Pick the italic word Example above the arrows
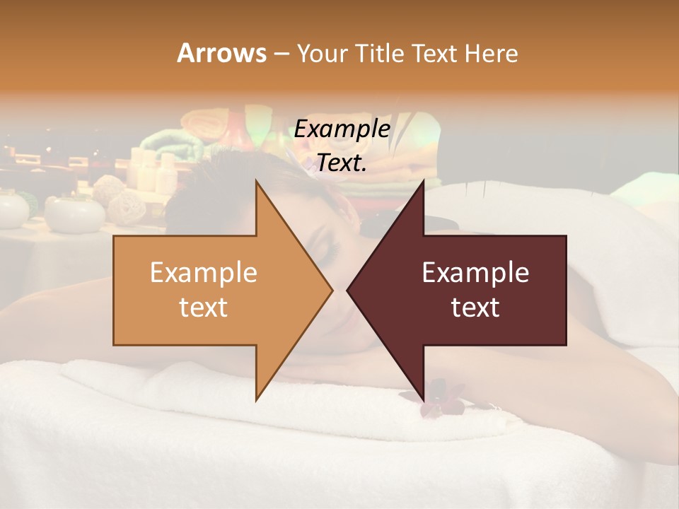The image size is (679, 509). click(342, 129)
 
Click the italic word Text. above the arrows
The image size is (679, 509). click(342, 163)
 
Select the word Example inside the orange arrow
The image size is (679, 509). click(204, 273)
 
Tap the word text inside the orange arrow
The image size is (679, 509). click(204, 308)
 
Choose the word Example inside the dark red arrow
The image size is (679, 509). click(475, 273)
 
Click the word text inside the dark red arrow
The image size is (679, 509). click(475, 308)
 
